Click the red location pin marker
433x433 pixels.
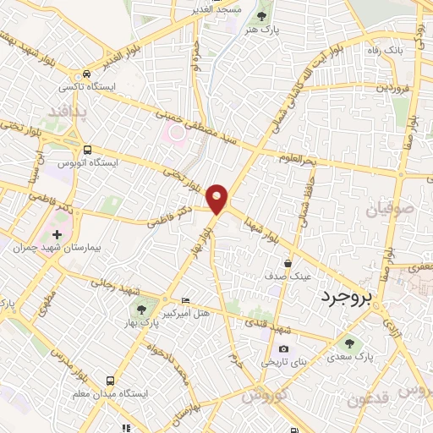[x=218, y=199]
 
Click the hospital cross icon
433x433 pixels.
[x=58, y=233]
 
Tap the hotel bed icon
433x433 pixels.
[x=186, y=301]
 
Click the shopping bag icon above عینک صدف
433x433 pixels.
[x=288, y=264]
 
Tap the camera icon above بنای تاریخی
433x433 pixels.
[x=283, y=349]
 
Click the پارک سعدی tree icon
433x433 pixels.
[x=348, y=343]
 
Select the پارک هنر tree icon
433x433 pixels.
[x=261, y=15]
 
